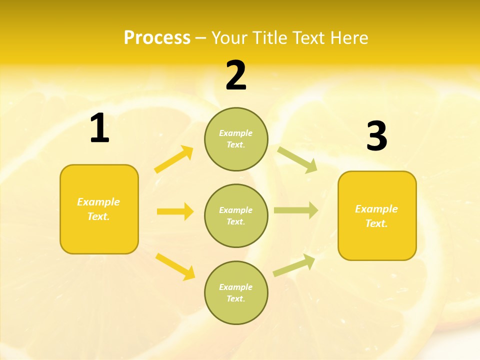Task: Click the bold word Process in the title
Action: click(157, 38)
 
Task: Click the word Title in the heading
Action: click(270, 38)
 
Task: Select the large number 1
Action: click(99, 128)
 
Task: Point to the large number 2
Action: click(236, 75)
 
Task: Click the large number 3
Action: click(376, 136)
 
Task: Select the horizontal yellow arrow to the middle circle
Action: click(175, 211)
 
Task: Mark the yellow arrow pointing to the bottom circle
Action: click(175, 266)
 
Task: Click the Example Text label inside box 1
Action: click(98, 209)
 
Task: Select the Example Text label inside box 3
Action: click(376, 216)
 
